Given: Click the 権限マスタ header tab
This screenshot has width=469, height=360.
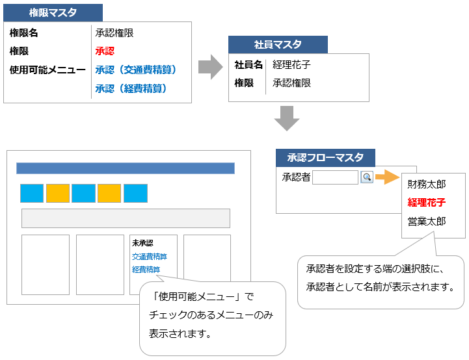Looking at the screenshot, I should click(53, 12).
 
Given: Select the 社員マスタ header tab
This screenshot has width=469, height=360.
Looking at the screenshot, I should click(278, 44).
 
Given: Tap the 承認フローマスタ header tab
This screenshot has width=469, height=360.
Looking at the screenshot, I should click(325, 157).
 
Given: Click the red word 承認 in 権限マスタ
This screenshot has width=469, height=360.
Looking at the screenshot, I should click(105, 51).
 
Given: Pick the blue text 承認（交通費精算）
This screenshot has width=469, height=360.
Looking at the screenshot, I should click(136, 69).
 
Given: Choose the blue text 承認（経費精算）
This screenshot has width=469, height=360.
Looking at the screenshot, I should click(131, 88).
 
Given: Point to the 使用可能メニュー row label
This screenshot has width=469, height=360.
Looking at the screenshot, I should click(47, 69).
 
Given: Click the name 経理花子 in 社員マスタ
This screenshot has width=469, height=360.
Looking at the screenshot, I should click(291, 65).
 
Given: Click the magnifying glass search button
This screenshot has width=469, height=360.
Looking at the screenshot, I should click(367, 177).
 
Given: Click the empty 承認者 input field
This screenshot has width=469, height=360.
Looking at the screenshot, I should click(335, 177).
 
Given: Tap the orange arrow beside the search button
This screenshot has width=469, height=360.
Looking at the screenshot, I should click(386, 177).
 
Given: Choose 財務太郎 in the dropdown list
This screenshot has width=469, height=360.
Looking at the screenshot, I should click(427, 185).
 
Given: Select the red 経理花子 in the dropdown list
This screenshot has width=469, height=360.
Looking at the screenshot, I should click(427, 203).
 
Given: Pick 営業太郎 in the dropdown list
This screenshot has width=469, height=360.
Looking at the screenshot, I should click(427, 221).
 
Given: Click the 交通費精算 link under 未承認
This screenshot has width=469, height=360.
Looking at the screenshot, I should click(150, 256).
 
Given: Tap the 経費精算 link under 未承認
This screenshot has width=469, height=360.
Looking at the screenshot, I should click(146, 269).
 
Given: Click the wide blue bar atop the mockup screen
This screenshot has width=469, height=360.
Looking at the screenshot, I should click(126, 168).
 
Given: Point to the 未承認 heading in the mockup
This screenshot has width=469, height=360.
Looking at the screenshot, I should click(143, 243).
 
